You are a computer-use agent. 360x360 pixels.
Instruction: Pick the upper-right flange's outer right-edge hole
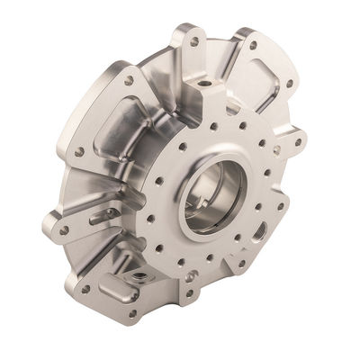289,84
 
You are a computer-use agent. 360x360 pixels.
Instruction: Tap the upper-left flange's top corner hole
129,80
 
